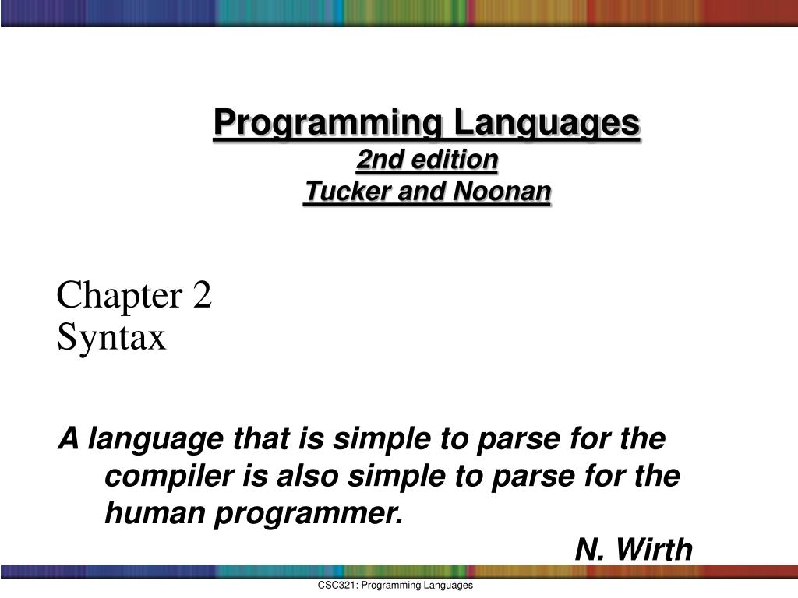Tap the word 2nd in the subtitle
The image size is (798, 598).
pyautogui.click(x=374, y=160)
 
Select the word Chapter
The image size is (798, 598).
pyautogui.click(x=117, y=297)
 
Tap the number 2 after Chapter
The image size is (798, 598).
pyautogui.click(x=202, y=297)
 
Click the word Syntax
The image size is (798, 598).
pyautogui.click(x=111, y=338)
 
